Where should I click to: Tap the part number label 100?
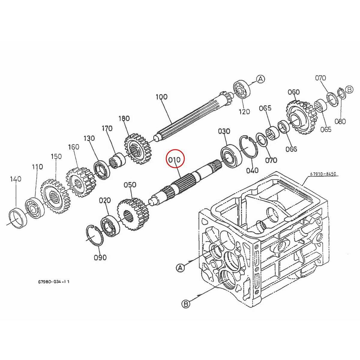161,97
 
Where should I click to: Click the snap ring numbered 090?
95,236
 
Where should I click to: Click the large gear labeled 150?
53,196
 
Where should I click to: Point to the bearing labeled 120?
242,89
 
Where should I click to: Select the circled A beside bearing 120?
260,79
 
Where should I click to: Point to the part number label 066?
291,149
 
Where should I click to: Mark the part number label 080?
340,121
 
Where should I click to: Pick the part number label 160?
73,147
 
